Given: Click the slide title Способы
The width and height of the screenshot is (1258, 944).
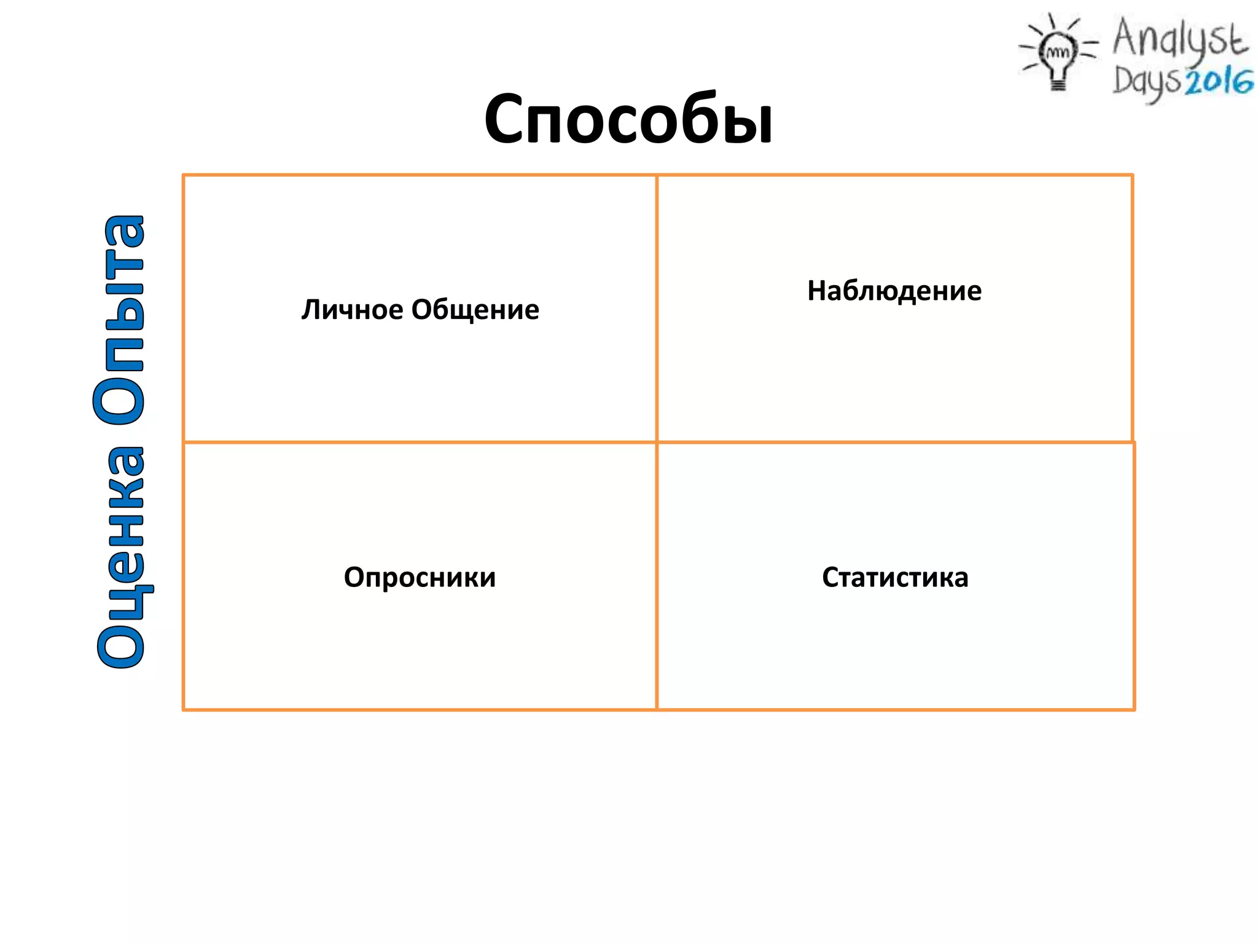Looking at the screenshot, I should [x=628, y=119].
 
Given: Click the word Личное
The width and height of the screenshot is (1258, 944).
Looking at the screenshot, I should [x=351, y=310].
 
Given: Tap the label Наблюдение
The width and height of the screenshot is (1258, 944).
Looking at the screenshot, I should [x=894, y=291].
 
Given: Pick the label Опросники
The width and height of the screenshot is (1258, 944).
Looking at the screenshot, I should [x=420, y=578].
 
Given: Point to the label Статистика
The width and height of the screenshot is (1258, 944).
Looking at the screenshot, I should [x=895, y=578].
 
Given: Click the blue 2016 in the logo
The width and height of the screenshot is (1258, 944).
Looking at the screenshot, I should [x=1219, y=82].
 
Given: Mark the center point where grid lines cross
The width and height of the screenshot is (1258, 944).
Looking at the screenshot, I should [x=657, y=442].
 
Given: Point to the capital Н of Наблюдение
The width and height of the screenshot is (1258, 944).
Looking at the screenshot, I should [x=818, y=291].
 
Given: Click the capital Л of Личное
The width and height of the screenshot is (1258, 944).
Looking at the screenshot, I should [x=311, y=310].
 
